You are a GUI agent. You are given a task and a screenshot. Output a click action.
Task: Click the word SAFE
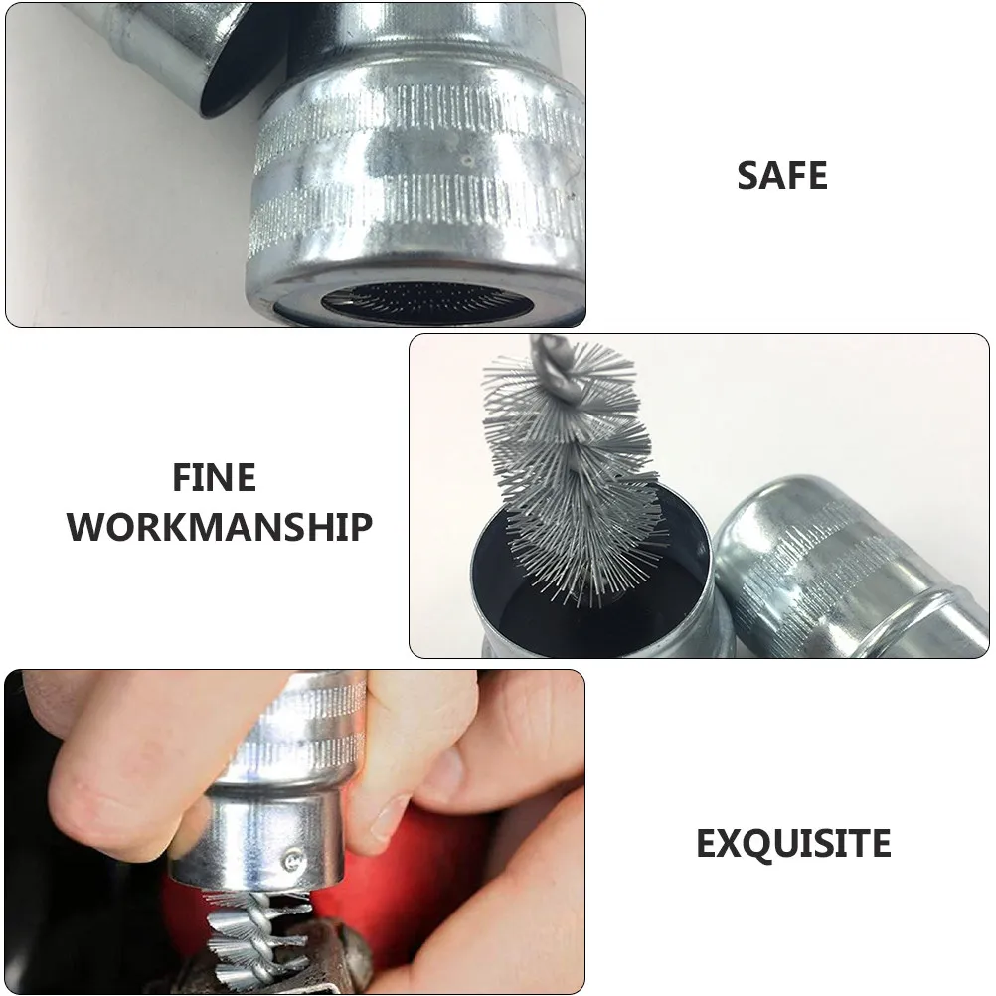[x=782, y=176]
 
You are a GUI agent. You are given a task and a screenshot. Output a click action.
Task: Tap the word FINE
[x=214, y=478]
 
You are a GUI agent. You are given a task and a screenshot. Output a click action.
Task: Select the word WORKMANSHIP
[x=221, y=525]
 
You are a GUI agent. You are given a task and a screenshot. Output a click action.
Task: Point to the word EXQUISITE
[x=792, y=844]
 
